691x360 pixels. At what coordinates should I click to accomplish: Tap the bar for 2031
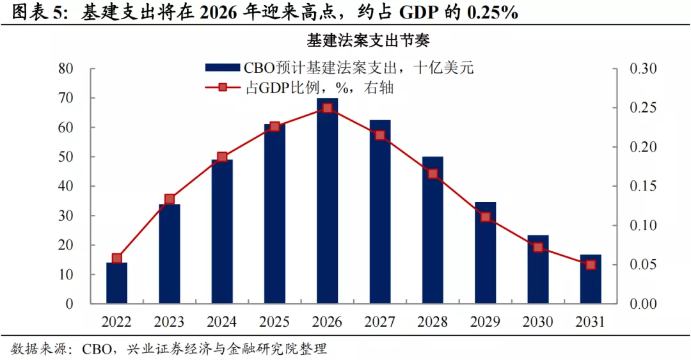pyautogui.click(x=591, y=281)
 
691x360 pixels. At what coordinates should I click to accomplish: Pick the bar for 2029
pyautogui.click(x=485, y=256)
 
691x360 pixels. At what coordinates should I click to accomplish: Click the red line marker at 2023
pyautogui.click(x=170, y=200)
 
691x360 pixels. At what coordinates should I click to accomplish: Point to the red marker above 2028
pyautogui.click(x=433, y=174)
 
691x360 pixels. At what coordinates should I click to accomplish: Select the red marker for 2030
pyautogui.click(x=538, y=247)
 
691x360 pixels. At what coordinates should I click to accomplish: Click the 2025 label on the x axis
pyautogui.click(x=274, y=322)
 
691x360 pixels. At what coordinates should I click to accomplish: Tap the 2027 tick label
pyautogui.click(x=380, y=322)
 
